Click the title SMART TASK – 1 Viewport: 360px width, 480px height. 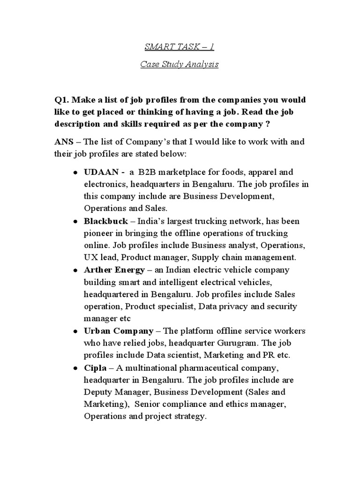point(180,47)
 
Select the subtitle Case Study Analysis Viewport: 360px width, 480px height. point(180,65)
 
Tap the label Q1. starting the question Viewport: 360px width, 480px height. point(62,100)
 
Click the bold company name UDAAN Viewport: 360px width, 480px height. point(99,172)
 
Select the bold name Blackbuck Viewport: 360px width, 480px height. point(105,221)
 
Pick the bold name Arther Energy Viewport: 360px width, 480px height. point(114,270)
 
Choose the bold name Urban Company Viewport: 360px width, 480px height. point(118,330)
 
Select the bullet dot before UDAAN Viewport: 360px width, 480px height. point(75,173)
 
